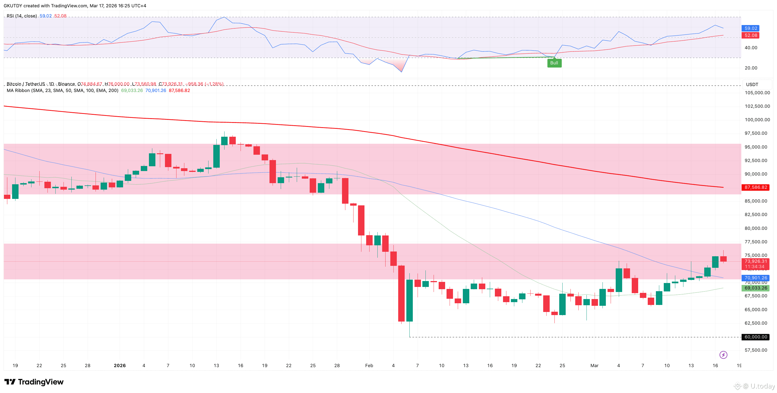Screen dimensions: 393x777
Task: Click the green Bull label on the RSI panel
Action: coord(554,63)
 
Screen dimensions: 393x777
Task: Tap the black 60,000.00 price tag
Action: coord(756,337)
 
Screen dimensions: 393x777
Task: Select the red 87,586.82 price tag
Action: coord(756,187)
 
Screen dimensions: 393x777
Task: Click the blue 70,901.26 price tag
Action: coord(756,278)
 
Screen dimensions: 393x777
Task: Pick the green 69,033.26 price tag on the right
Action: coord(756,288)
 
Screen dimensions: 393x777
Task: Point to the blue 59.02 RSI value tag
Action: coord(751,28)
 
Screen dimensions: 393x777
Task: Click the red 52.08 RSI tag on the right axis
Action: coord(751,35)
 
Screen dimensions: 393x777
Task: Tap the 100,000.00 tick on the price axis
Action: coord(757,120)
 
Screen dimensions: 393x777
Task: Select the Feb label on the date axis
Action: coord(369,365)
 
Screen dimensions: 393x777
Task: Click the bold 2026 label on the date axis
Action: coord(120,365)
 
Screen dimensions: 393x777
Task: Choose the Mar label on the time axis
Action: coord(594,365)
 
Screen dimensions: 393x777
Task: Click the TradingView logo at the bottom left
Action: coord(34,382)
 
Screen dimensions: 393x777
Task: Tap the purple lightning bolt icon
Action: coord(723,355)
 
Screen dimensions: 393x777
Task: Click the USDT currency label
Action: coord(752,84)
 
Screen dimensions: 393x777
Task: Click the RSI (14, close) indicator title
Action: coord(22,16)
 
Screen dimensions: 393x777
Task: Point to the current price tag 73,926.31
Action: coord(756,261)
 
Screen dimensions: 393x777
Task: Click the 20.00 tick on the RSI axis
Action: coord(751,68)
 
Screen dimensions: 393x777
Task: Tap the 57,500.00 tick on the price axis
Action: coord(756,350)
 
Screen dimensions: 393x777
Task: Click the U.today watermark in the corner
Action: coord(757,386)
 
